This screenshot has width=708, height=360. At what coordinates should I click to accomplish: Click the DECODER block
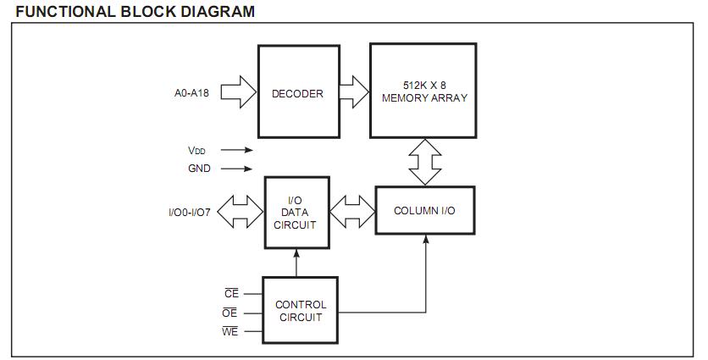(296, 92)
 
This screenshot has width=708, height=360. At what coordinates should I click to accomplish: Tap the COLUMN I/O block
(423, 210)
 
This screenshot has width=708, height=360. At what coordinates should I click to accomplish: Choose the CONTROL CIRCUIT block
(300, 310)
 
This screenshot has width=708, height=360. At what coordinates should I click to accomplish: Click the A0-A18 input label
(191, 93)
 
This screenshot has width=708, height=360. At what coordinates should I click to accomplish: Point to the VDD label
(196, 150)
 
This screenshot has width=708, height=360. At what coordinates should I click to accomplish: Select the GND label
(199, 169)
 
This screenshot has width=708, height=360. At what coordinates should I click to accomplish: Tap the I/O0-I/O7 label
(191, 213)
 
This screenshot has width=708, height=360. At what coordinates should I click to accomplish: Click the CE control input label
(231, 294)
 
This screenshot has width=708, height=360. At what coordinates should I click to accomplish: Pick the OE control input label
(230, 313)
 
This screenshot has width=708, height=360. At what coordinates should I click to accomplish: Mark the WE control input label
(230, 331)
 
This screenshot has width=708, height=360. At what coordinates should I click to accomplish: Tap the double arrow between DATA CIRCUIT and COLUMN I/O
(351, 212)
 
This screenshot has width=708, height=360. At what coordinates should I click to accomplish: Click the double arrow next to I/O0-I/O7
(241, 212)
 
